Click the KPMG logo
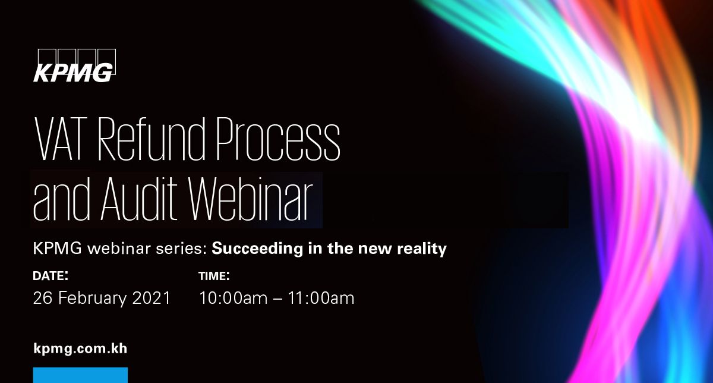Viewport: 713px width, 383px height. click(x=74, y=65)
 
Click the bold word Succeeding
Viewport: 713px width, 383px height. click(x=257, y=249)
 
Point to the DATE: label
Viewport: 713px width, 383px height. click(x=51, y=275)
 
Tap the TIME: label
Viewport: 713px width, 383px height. click(x=214, y=275)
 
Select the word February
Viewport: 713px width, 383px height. click(x=92, y=299)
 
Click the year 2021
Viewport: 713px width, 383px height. click(x=151, y=298)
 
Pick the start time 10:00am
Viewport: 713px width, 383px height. click(x=233, y=298)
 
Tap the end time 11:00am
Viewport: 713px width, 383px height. click(x=321, y=298)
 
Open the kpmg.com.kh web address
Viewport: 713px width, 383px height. click(x=80, y=349)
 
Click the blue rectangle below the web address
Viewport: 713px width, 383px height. click(x=80, y=375)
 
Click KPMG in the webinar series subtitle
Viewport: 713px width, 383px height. click(x=57, y=249)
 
